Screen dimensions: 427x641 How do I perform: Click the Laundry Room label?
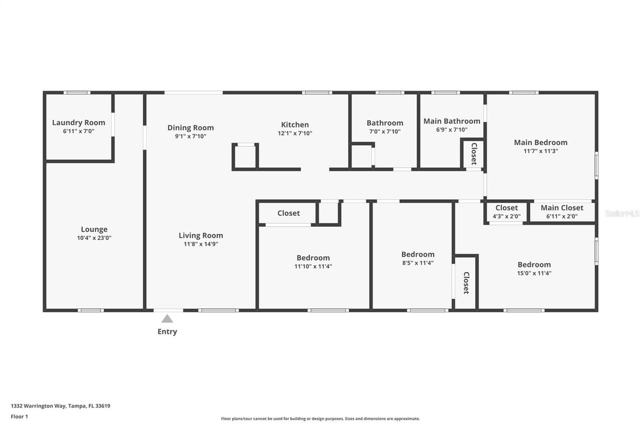tap(79, 123)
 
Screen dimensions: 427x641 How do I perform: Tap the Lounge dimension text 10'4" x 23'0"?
tap(94, 238)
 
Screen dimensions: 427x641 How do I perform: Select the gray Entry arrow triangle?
tap(167, 319)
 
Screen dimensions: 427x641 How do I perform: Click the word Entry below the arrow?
tap(167, 331)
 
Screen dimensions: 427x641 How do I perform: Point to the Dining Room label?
tap(190, 128)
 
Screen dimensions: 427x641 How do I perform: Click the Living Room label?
tap(201, 235)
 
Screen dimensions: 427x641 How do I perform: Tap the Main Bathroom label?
tap(452, 121)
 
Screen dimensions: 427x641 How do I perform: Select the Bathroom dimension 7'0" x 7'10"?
tap(385, 132)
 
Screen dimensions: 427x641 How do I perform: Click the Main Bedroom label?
tap(540, 142)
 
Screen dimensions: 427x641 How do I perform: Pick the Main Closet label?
tap(562, 208)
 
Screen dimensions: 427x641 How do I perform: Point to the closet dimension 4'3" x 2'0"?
tap(506, 216)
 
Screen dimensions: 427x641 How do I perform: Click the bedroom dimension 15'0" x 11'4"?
tap(534, 273)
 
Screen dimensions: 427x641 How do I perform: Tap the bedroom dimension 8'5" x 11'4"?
tap(418, 263)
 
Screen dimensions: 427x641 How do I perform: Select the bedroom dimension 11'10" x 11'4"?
tap(313, 266)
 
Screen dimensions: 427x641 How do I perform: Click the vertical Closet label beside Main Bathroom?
tap(474, 154)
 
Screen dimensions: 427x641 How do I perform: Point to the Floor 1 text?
tap(20, 416)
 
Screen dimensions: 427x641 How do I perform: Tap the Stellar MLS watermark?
tap(622, 214)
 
